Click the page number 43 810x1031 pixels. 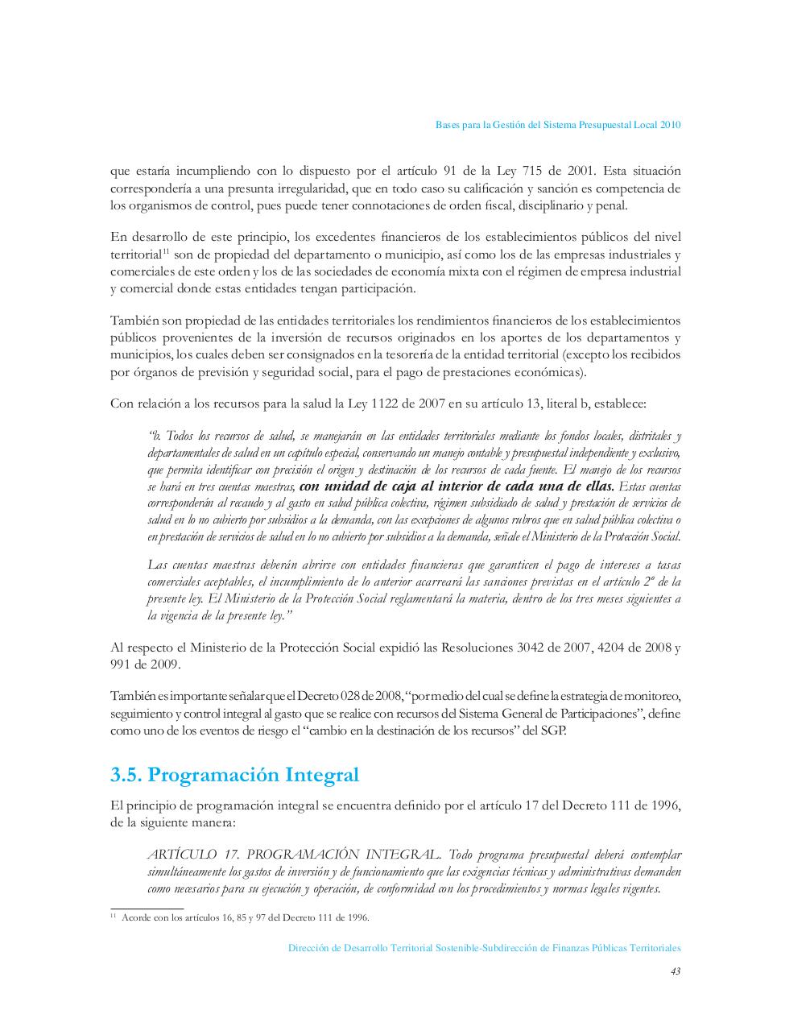pyautogui.click(x=676, y=971)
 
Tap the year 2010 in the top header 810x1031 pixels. pyautogui.click(x=671, y=125)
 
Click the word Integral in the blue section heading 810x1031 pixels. pyautogui.click(x=319, y=775)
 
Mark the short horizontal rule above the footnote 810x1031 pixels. pyautogui.click(x=147, y=908)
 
